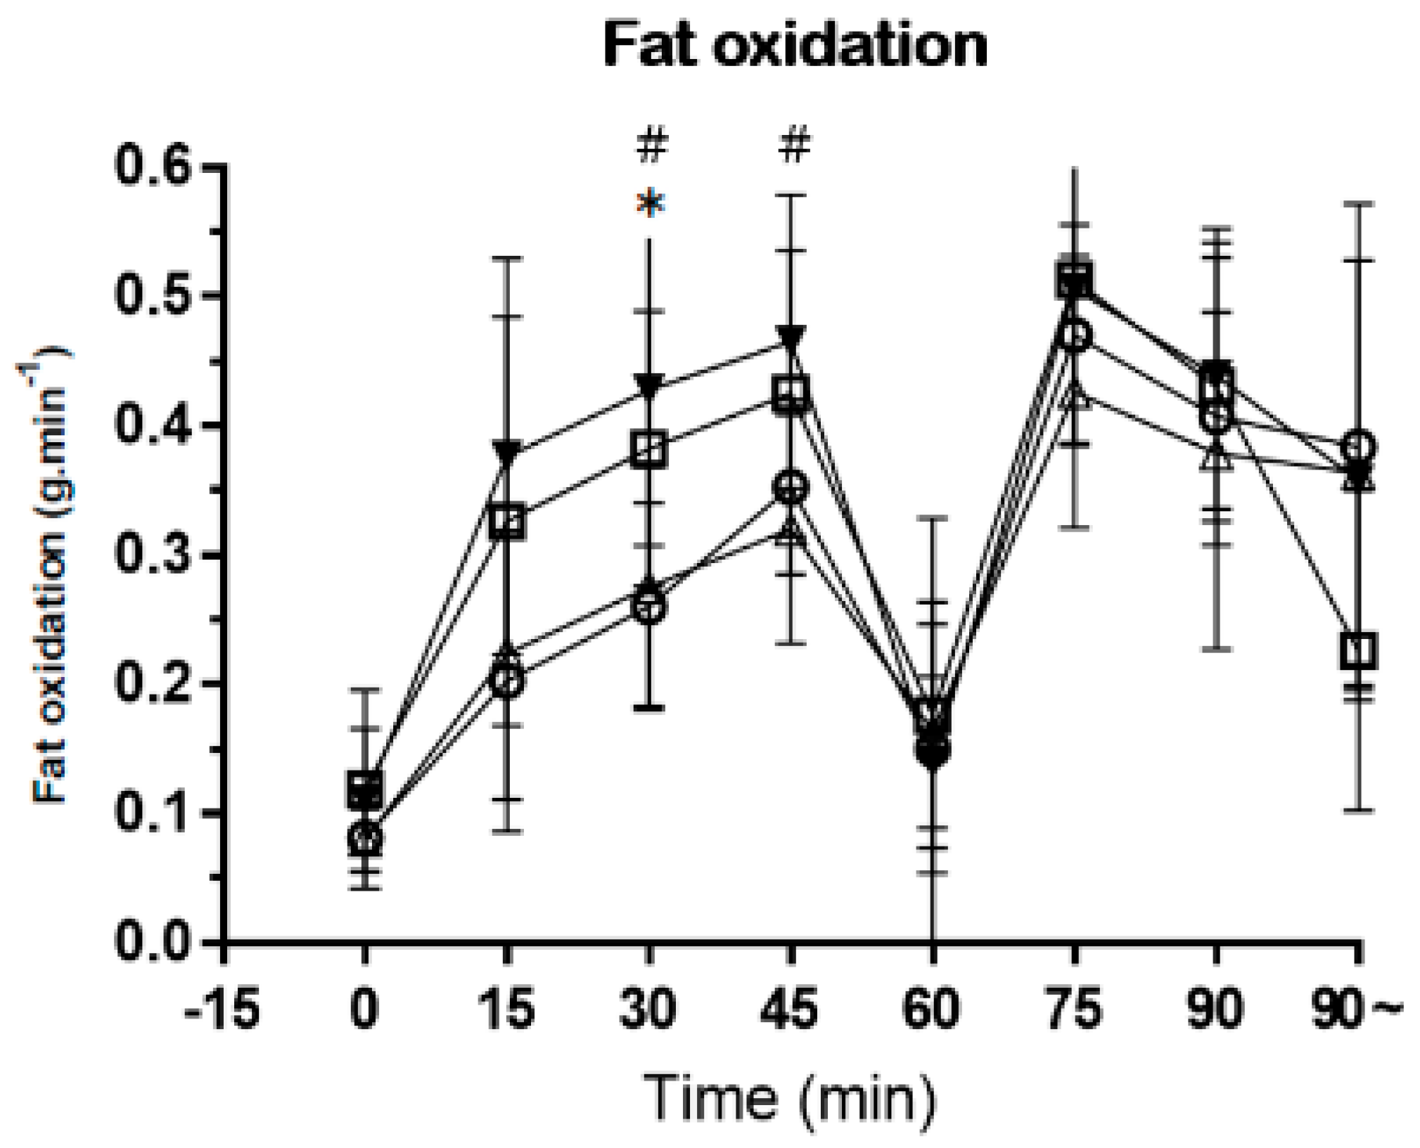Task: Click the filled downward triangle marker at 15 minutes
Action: coord(507,451)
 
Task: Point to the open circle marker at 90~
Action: coord(1357,446)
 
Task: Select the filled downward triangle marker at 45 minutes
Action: coord(791,337)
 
